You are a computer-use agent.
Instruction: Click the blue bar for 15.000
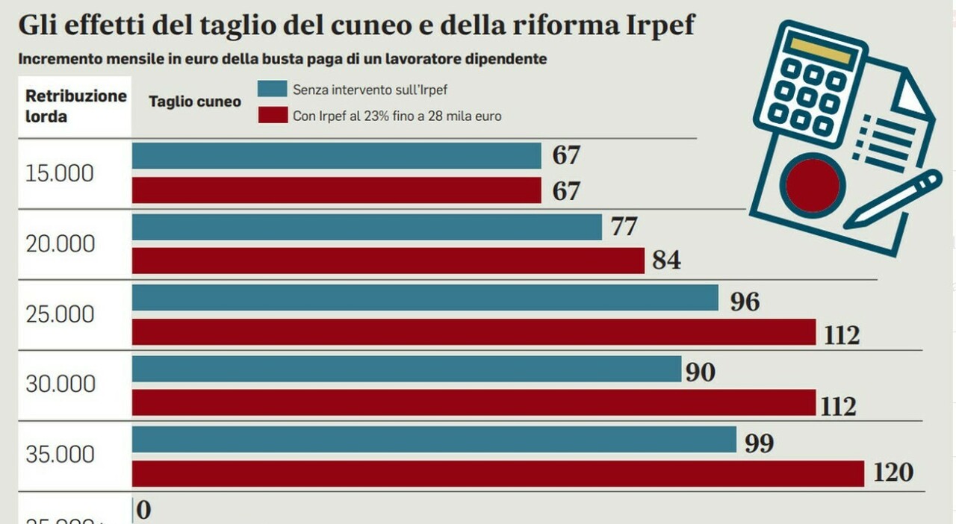tap(336, 156)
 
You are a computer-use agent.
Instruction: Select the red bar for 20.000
tap(388, 261)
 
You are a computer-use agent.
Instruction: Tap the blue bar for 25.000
tap(425, 297)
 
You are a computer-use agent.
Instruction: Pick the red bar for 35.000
tap(498, 473)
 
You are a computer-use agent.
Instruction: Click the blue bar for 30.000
tap(407, 369)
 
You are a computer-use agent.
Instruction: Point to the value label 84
tap(666, 261)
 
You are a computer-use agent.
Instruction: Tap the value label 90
tap(701, 371)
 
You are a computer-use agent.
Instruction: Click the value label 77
tap(624, 226)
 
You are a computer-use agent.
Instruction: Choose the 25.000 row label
tap(60, 314)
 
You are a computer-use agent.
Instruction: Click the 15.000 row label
tap(60, 173)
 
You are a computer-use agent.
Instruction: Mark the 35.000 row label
tap(60, 454)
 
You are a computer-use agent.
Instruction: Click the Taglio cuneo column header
tap(195, 102)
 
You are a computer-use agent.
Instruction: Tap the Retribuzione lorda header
tap(75, 106)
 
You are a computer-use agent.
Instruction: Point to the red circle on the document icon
tap(813, 184)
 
